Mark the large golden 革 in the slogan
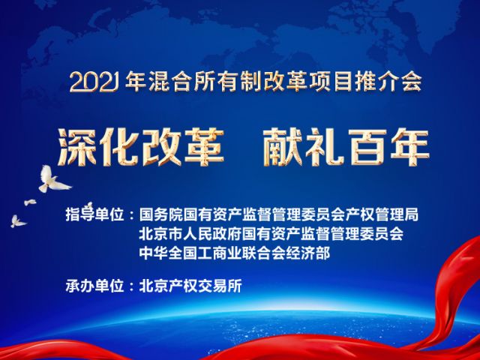pos(203,147)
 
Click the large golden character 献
pos(283,147)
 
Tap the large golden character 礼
pos(324,147)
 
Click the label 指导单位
pos(94,215)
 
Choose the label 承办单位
pos(94,286)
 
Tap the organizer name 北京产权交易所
pos(190,286)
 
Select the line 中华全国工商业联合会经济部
pos(235,253)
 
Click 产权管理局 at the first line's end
pos(382,215)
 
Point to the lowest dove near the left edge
pos(18,221)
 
